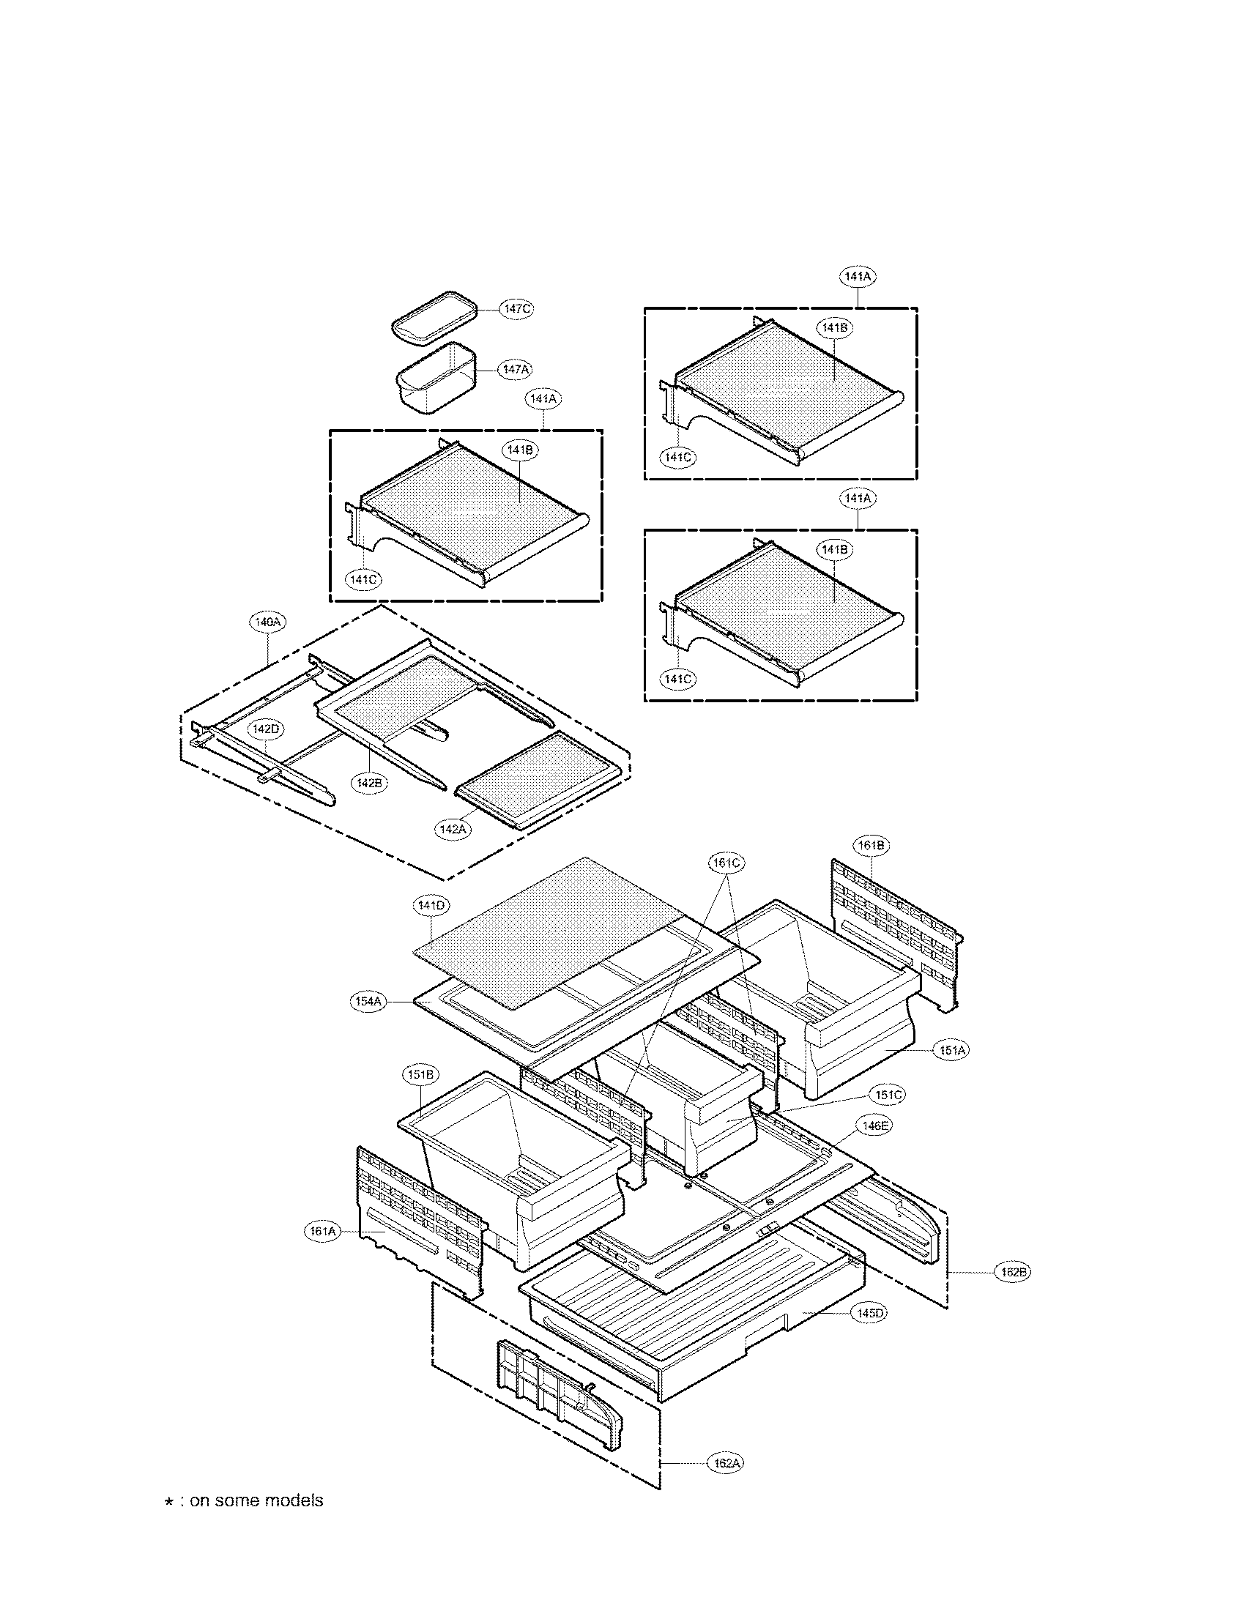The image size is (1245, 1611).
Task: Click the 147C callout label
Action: click(516, 309)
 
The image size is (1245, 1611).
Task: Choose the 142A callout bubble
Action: click(453, 828)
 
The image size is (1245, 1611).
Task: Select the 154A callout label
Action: click(368, 1001)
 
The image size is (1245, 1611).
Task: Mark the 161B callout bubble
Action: click(871, 845)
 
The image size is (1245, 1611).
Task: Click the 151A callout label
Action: click(951, 1049)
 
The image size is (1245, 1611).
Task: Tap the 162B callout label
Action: click(1011, 1272)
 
